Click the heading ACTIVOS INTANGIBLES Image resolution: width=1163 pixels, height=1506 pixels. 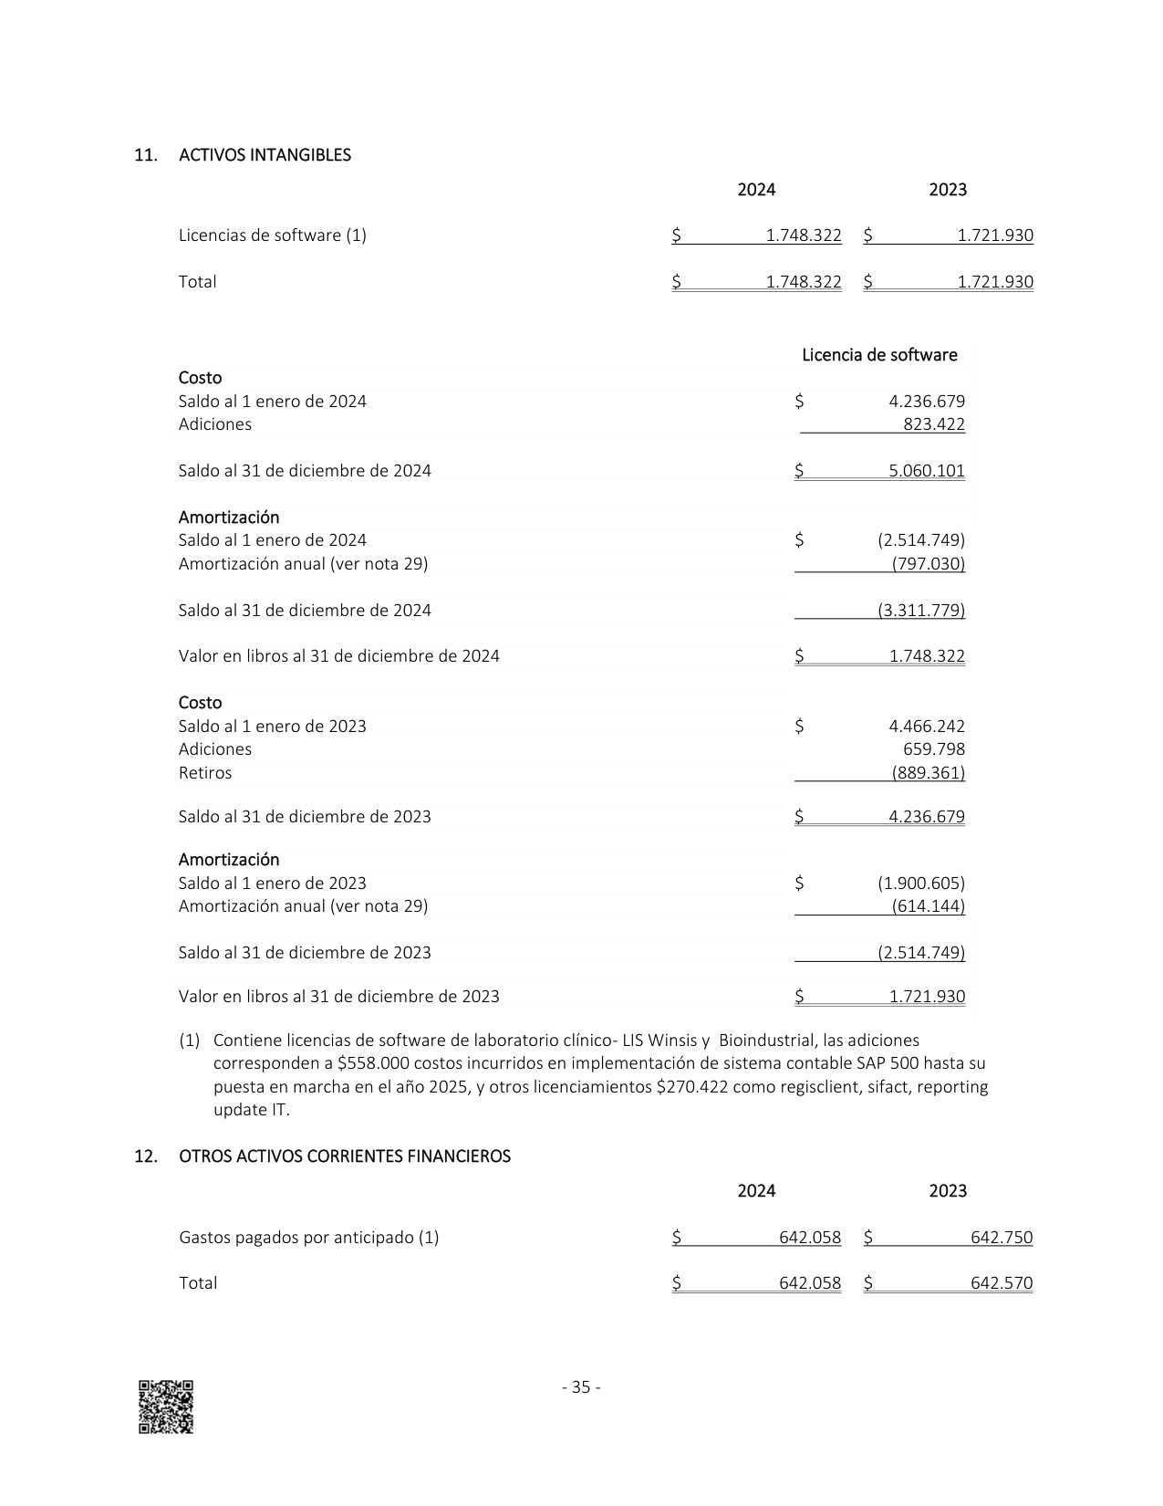click(265, 155)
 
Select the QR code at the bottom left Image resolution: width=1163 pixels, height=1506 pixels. click(165, 1407)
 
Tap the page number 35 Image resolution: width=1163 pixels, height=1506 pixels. click(581, 1387)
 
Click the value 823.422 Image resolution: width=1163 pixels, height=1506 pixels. click(933, 424)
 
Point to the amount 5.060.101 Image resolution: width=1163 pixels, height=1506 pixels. click(926, 471)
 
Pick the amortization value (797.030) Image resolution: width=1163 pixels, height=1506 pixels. click(928, 564)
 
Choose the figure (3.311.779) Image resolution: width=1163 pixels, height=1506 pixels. click(920, 611)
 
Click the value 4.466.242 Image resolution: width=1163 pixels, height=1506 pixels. click(926, 727)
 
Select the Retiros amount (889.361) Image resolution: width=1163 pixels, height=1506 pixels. click(928, 773)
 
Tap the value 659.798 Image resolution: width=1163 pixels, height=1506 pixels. click(933, 749)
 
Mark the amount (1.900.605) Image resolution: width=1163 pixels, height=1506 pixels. click(920, 884)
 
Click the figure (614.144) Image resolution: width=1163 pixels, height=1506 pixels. click(928, 906)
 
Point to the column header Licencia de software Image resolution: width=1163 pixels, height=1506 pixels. click(879, 355)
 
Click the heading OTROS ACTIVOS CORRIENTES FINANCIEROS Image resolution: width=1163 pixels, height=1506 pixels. click(345, 1156)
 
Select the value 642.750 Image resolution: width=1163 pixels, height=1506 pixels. click(1001, 1238)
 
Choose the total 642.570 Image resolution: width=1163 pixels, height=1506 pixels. click(1001, 1283)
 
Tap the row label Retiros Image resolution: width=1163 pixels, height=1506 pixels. click(205, 773)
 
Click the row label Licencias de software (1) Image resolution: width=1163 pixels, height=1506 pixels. click(272, 235)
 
